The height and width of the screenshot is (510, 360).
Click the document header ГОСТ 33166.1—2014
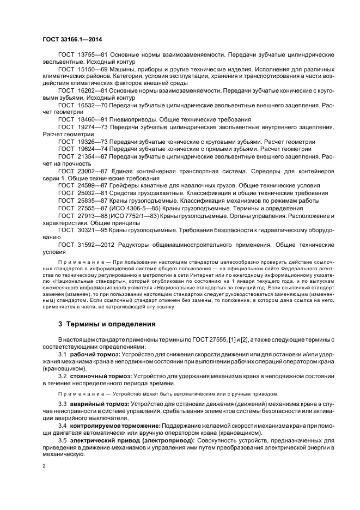click(x=71, y=40)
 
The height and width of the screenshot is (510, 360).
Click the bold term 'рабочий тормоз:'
click(x=96, y=355)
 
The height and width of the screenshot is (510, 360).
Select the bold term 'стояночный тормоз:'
click(x=101, y=376)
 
